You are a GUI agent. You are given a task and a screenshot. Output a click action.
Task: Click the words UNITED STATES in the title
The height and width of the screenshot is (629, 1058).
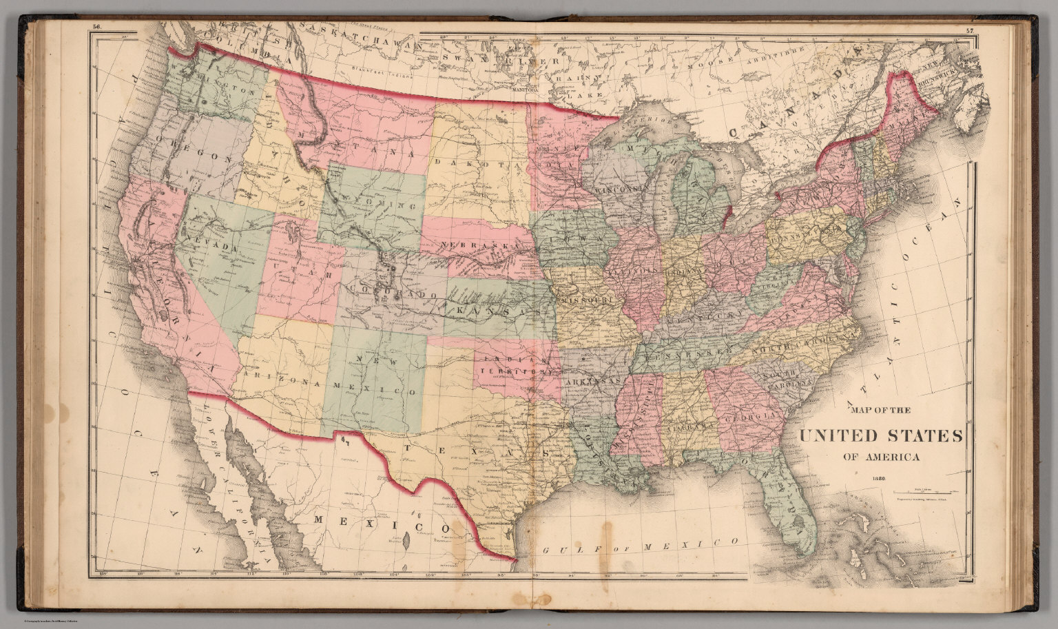(x=881, y=436)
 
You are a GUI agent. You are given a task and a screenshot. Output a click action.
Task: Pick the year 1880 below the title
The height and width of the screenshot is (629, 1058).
(x=878, y=478)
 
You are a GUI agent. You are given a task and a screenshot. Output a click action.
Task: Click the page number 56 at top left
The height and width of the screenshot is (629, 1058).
(x=96, y=28)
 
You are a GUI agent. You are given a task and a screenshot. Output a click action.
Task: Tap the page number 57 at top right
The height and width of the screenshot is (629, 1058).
(x=970, y=30)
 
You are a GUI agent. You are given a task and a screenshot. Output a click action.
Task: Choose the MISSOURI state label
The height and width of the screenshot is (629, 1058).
(x=587, y=301)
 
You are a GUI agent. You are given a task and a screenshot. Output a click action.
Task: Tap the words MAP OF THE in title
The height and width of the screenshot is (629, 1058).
(x=881, y=411)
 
